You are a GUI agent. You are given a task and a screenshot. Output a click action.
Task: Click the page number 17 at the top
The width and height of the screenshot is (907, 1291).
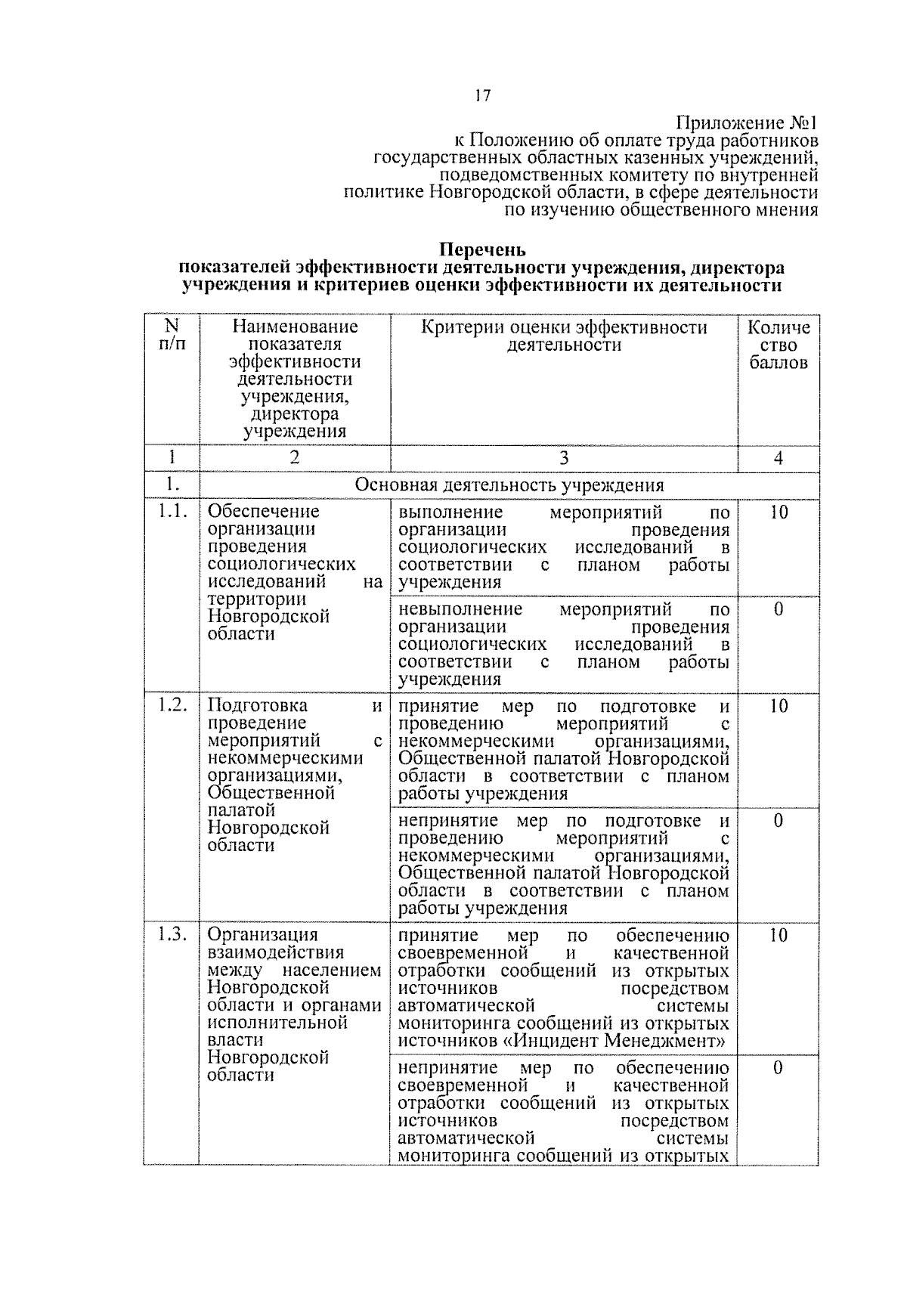click(482, 95)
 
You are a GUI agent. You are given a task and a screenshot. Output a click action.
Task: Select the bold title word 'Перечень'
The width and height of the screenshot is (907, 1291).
click(482, 249)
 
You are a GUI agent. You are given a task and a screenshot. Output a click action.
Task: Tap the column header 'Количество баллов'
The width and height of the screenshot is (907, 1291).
click(779, 345)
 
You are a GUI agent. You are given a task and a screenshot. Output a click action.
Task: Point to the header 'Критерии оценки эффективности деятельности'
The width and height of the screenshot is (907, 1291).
click(564, 336)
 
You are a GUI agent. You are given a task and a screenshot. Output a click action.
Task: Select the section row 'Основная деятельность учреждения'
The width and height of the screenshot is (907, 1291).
click(509, 485)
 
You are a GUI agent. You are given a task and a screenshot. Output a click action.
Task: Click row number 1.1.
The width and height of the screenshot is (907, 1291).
click(172, 512)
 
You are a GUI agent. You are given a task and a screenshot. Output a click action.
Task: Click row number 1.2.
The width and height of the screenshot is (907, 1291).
click(172, 705)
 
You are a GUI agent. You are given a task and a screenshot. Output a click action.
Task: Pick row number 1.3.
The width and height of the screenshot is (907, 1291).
click(172, 935)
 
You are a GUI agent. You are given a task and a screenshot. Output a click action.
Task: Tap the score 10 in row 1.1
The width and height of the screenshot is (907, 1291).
click(779, 512)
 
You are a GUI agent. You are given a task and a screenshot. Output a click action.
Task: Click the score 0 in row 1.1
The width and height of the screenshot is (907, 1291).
click(779, 609)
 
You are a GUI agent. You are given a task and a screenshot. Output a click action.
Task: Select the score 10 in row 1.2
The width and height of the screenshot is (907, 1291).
click(779, 706)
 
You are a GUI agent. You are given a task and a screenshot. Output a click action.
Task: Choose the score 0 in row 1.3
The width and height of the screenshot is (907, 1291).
click(779, 1068)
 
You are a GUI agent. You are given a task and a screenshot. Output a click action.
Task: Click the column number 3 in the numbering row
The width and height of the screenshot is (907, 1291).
click(564, 458)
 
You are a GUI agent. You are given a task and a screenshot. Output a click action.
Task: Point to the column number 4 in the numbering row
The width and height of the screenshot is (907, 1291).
click(779, 458)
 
